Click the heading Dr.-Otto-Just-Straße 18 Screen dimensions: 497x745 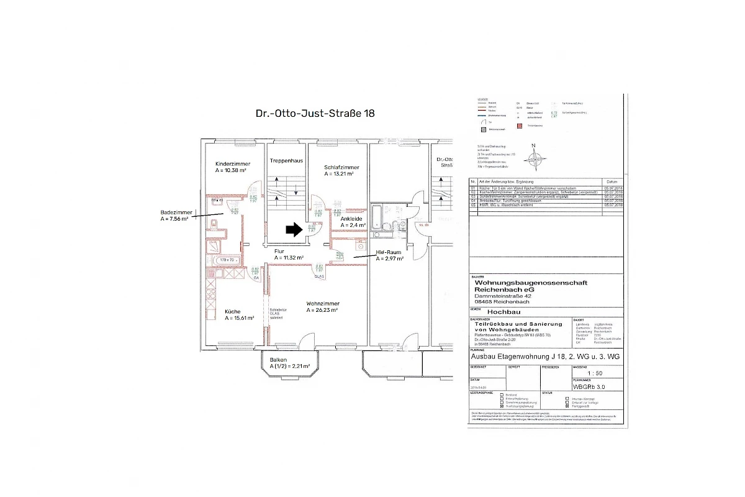click(x=315, y=114)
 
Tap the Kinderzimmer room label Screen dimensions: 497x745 click(x=233, y=163)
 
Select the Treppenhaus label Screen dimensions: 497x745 click(x=286, y=161)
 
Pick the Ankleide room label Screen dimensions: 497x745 click(x=351, y=219)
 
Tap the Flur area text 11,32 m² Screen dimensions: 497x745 click(x=289, y=258)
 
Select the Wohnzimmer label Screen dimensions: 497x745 click(x=322, y=304)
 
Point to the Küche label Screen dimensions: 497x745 click(x=233, y=311)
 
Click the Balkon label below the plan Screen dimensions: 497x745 click(x=278, y=360)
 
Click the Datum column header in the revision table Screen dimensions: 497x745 click(x=613, y=181)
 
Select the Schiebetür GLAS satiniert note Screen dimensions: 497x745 click(x=278, y=314)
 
